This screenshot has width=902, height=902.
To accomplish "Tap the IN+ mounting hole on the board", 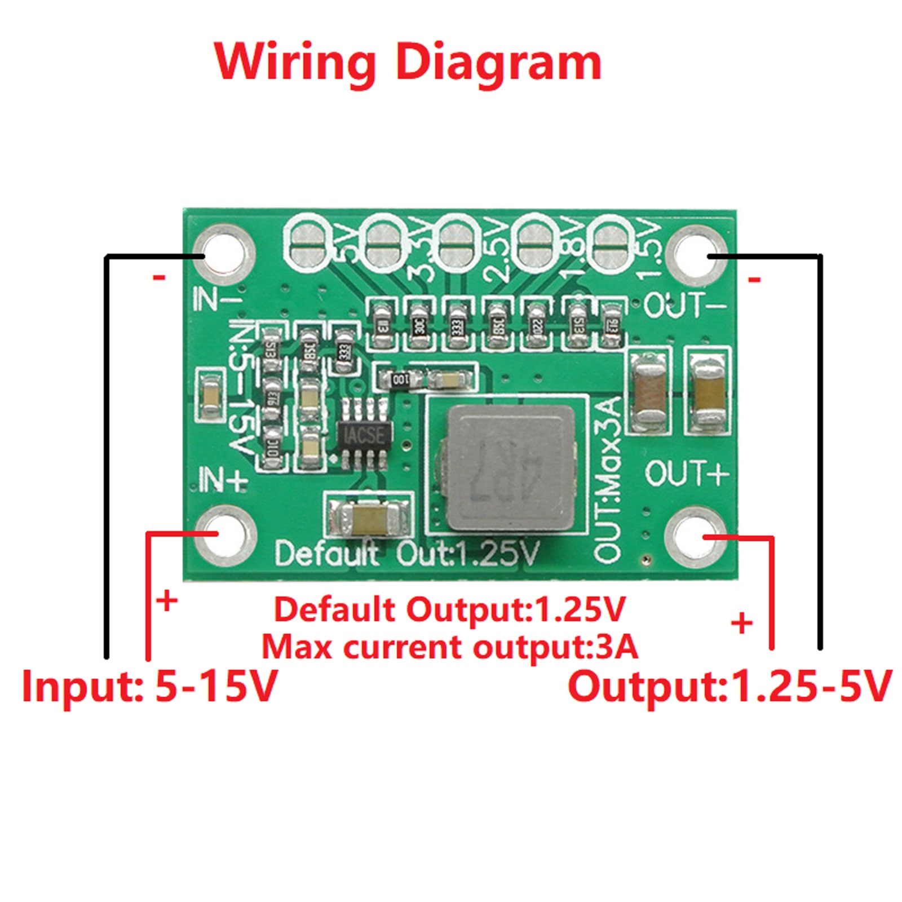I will click(224, 535).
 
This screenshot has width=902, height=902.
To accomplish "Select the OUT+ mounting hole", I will click(695, 535).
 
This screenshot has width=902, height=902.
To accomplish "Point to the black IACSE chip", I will click(364, 434).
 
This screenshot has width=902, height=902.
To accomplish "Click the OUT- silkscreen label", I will click(685, 305).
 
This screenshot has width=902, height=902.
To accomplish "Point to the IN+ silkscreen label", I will click(223, 480).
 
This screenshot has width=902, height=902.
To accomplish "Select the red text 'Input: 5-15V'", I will click(150, 686).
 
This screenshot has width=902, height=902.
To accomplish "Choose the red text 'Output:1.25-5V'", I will click(729, 686).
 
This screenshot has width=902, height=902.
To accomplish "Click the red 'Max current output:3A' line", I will click(450, 647).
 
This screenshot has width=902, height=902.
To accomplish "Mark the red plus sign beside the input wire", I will click(167, 601).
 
